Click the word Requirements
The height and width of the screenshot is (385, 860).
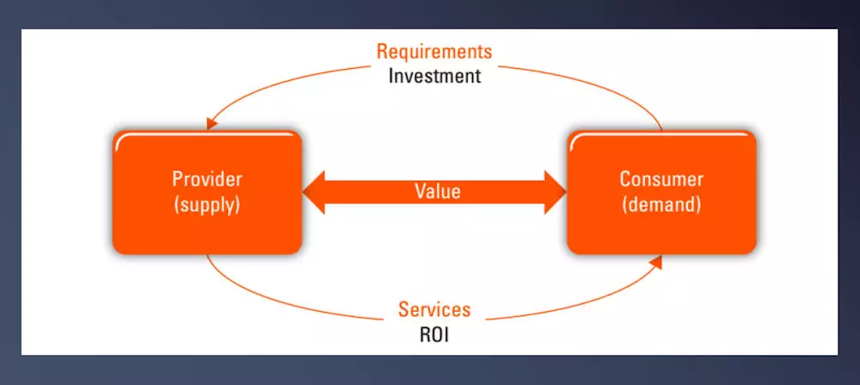(433, 52)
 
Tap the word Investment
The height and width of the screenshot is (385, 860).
(434, 76)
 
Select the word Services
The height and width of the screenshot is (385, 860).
(434, 309)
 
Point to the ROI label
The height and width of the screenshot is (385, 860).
(434, 334)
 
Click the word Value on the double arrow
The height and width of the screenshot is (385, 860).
(437, 192)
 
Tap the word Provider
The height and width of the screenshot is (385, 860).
(206, 179)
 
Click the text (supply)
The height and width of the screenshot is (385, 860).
(206, 204)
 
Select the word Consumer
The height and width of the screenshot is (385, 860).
(661, 179)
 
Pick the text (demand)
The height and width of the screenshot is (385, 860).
(661, 204)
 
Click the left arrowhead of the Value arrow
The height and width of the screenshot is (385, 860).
(314, 192)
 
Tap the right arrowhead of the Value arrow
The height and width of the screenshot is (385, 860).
(555, 192)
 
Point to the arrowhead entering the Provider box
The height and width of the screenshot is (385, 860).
(212, 125)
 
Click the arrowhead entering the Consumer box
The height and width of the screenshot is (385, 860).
(656, 262)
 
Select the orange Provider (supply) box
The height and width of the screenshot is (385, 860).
(206, 192)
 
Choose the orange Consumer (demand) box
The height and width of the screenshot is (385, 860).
(661, 192)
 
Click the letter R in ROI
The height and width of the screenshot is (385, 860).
(425, 334)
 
